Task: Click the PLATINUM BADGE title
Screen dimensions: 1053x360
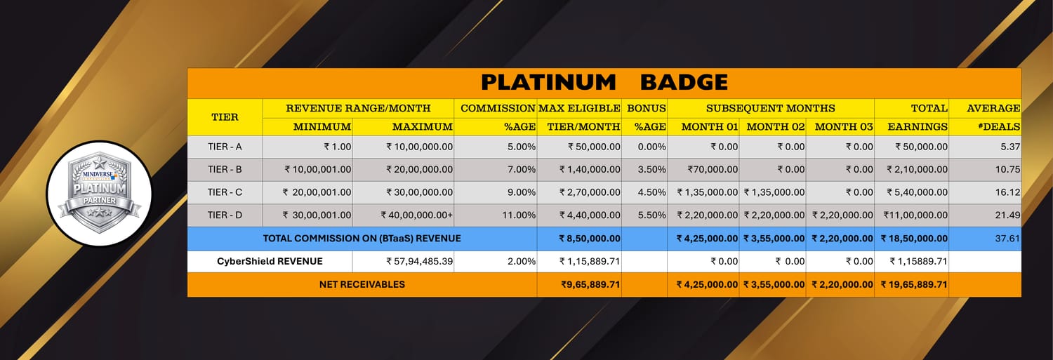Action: click(604, 83)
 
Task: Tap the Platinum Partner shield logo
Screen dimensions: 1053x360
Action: click(99, 193)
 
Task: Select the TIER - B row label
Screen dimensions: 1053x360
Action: click(225, 169)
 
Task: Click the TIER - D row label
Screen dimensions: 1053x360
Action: click(225, 215)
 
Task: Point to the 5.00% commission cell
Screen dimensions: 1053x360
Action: click(522, 147)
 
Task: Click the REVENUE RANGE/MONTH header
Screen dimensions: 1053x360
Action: click(358, 108)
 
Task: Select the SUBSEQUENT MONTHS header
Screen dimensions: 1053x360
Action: click(771, 108)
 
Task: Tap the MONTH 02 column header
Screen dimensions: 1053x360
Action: click(776, 127)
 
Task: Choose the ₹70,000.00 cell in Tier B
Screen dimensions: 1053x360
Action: click(713, 169)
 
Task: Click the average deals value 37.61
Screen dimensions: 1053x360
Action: click(1007, 239)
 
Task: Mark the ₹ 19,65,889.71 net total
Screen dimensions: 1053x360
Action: click(914, 284)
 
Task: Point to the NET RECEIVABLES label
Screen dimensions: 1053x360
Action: click(362, 284)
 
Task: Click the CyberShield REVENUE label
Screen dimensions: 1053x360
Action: click(270, 261)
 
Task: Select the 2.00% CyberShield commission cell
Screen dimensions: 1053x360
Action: click(522, 261)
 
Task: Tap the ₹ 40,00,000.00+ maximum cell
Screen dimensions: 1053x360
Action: click(416, 215)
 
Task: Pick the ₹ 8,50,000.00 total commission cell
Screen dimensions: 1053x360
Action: click(590, 239)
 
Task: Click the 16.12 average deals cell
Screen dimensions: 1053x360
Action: click(1007, 192)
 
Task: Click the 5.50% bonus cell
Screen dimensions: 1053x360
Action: click(651, 215)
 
